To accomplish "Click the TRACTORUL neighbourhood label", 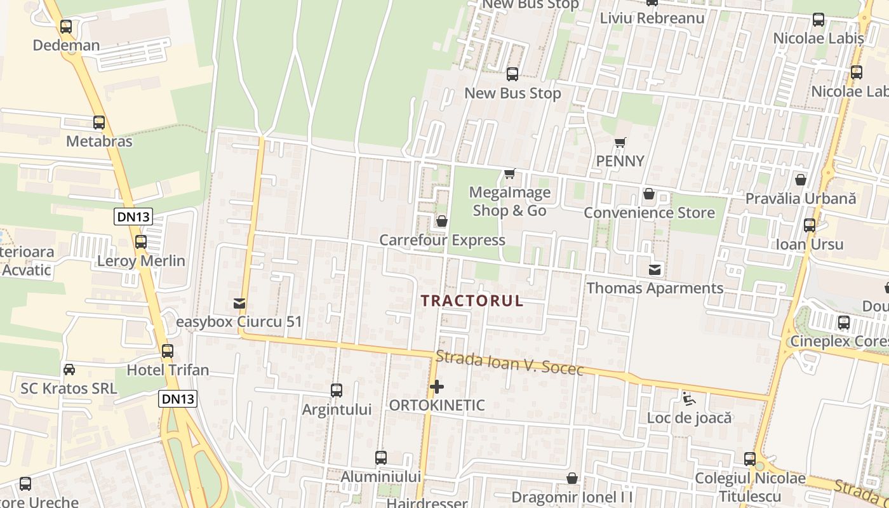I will [x=472, y=301].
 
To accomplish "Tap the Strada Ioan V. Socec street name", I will [x=509, y=364].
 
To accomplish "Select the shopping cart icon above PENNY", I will [x=620, y=143].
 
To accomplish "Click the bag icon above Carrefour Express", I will [x=441, y=222].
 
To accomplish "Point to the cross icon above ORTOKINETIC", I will [x=437, y=387].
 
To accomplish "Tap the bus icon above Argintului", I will [x=337, y=391].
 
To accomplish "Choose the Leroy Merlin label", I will [x=141, y=261].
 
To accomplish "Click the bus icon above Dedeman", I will [x=66, y=27].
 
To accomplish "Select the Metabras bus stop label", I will [x=99, y=141].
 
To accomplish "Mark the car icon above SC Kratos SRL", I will [x=69, y=370].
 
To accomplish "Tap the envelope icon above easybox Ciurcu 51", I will [x=239, y=304].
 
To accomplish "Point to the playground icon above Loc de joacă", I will [x=688, y=399].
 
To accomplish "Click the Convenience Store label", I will [x=649, y=213].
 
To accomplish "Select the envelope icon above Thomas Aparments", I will [x=654, y=271].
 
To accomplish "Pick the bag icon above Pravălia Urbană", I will [x=801, y=180].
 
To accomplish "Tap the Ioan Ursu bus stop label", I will [x=810, y=244].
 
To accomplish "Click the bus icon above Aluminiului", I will [x=381, y=458].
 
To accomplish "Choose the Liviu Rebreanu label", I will [x=652, y=18].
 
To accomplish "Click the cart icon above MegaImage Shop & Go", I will [x=509, y=173].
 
